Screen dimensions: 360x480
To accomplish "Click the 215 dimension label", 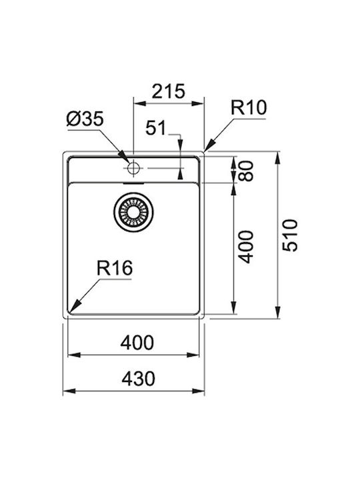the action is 169,91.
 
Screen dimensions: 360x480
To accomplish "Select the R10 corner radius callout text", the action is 248,107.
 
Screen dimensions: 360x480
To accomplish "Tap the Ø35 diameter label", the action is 85,119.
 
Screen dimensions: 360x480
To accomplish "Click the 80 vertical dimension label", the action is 246,171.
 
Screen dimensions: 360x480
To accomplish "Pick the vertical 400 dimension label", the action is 246,247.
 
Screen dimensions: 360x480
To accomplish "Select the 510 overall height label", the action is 289,235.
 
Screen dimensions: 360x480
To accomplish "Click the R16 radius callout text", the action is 115,268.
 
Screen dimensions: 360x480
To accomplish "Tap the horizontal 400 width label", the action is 137,343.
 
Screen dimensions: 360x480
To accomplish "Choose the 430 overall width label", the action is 138,379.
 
